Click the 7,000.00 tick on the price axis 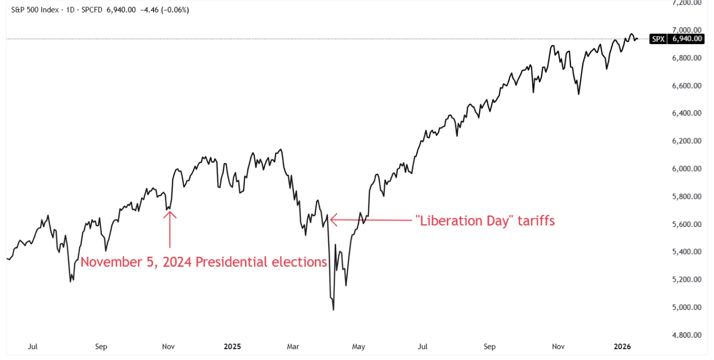[x=687, y=30]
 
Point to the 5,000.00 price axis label [x=687, y=307]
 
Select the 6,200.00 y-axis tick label [x=687, y=141]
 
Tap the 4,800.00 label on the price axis [x=687, y=335]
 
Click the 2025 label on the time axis [x=232, y=347]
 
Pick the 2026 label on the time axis [x=623, y=347]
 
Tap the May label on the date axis [x=358, y=347]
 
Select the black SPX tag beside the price [x=658, y=39]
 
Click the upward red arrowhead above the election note [x=170, y=214]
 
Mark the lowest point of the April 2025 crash [x=334, y=310]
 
